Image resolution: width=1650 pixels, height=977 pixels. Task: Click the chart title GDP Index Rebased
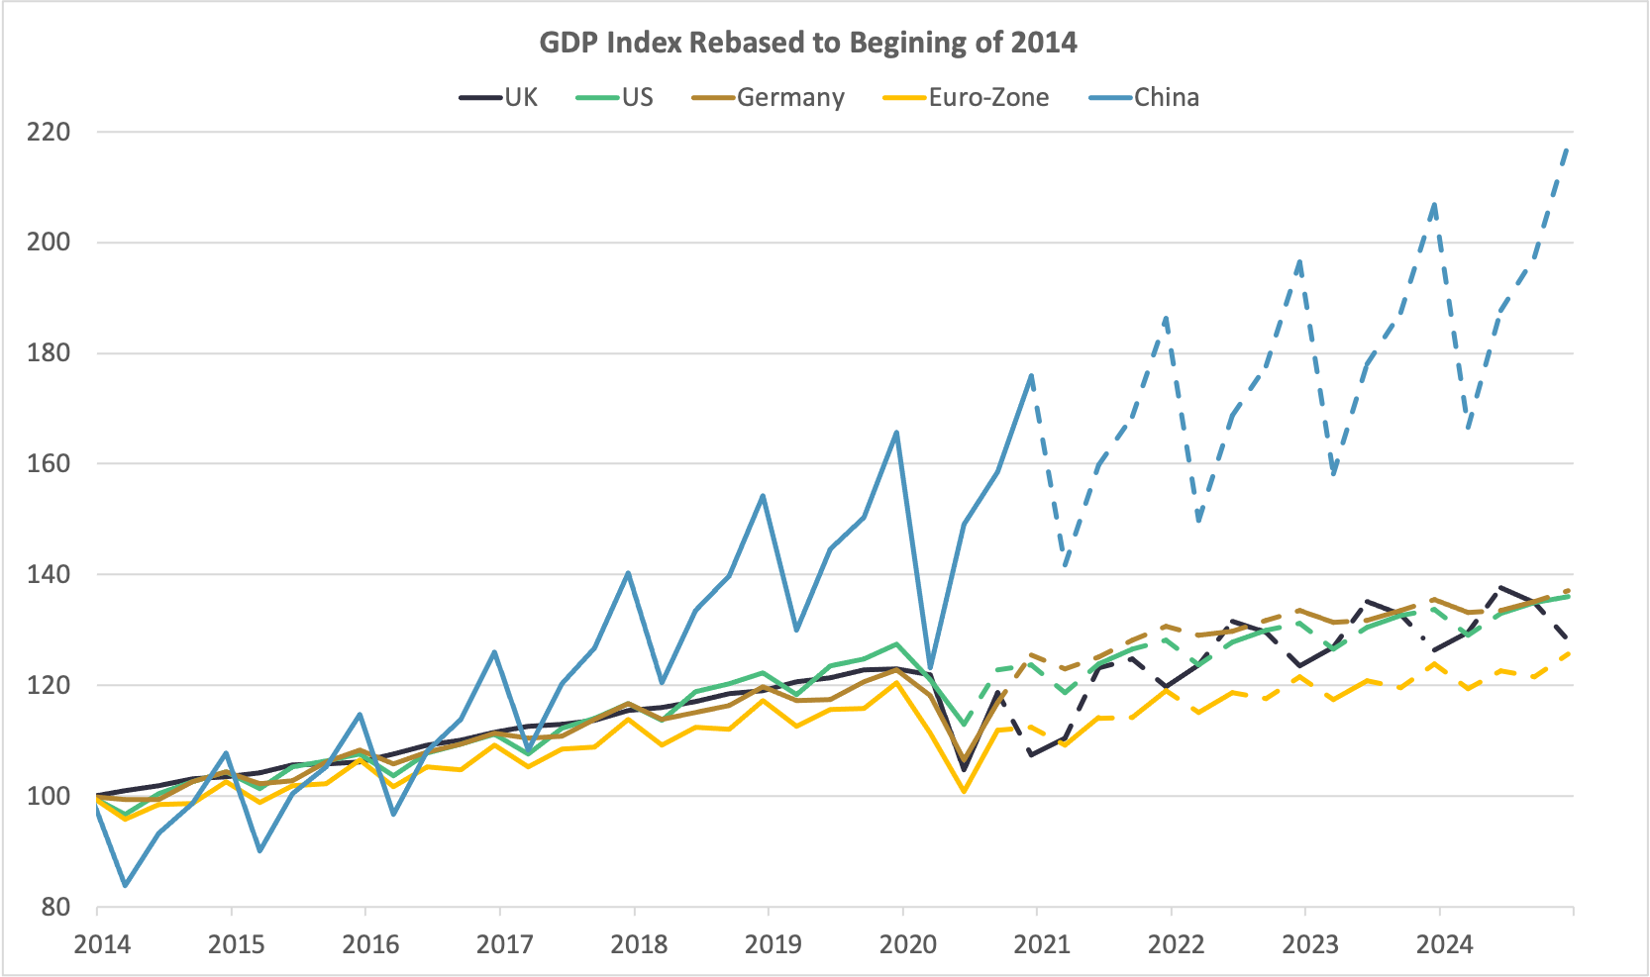tap(807, 43)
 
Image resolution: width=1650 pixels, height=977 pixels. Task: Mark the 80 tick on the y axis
tap(55, 907)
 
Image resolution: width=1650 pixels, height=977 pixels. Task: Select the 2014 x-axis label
tap(102, 944)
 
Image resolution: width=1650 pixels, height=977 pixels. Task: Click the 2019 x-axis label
tap(773, 944)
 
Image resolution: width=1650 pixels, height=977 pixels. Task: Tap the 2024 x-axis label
tap(1445, 944)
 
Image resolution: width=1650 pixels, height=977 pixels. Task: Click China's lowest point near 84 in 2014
tap(126, 885)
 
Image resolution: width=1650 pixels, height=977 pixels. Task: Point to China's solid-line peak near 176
tap(1031, 375)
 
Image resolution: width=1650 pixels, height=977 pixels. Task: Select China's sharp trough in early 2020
tap(930, 669)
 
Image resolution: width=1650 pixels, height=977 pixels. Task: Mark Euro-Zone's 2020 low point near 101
tap(964, 791)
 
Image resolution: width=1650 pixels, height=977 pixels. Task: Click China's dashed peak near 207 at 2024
tap(1434, 204)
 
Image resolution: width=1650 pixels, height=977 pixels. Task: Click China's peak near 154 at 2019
tap(763, 495)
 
